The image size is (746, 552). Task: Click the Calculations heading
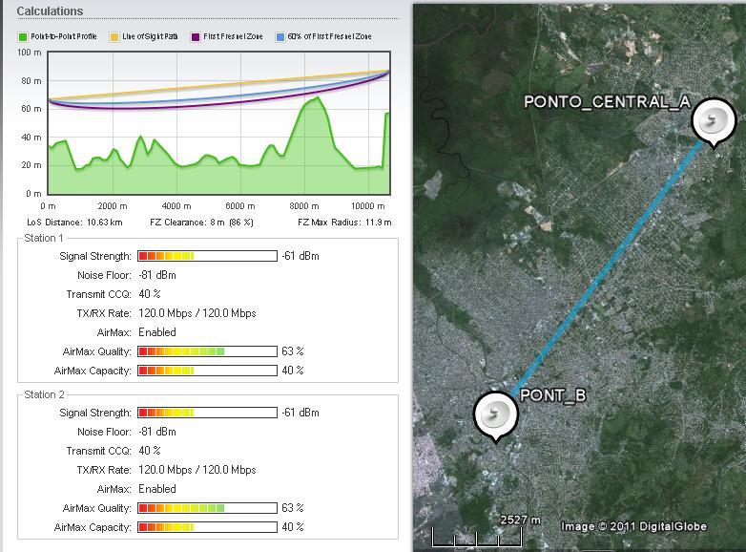click(50, 11)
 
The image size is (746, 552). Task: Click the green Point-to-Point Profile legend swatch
click(23, 37)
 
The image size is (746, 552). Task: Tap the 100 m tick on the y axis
click(30, 53)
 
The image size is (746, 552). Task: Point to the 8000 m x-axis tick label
click(303, 206)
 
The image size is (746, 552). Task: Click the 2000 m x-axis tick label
click(113, 206)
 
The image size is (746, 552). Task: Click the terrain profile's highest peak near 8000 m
click(317, 97)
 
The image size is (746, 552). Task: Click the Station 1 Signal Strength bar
click(207, 256)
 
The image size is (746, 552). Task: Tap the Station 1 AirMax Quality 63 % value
click(292, 351)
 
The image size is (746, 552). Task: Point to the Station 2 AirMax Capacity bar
click(207, 527)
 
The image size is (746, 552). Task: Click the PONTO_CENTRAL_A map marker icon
click(712, 122)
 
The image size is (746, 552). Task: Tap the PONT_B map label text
click(552, 395)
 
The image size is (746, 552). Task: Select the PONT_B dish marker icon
click(496, 414)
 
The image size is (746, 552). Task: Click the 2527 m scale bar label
click(520, 520)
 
